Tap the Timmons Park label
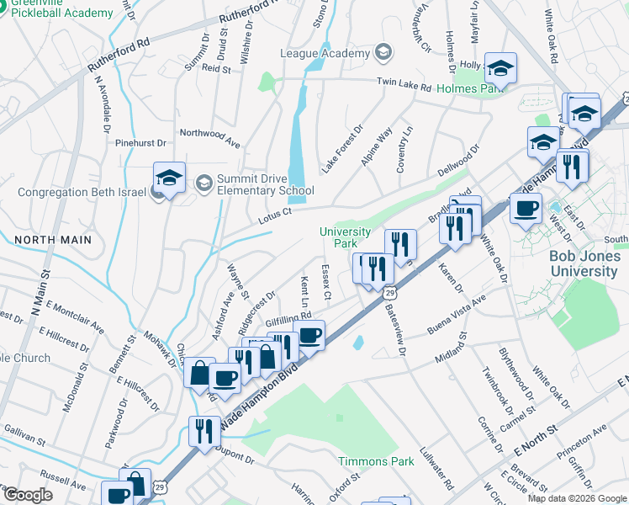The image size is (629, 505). [376, 461]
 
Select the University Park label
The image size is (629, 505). [345, 237]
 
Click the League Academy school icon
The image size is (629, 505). [384, 53]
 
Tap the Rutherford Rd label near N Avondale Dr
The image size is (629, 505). [121, 50]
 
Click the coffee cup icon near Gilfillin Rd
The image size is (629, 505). [309, 335]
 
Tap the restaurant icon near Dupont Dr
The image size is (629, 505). [204, 431]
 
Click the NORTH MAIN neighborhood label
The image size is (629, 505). [52, 240]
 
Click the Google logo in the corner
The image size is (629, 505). [27, 495]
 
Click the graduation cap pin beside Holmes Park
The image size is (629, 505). [500, 69]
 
